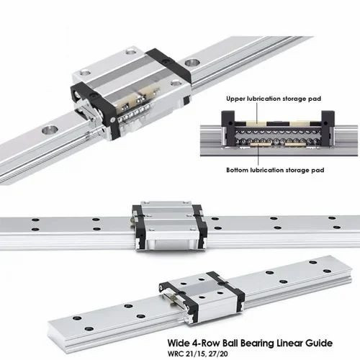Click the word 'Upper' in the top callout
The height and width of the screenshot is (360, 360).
tap(235, 99)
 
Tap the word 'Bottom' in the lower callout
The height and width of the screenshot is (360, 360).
tap(237, 170)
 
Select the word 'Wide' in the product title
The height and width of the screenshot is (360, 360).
tap(178, 343)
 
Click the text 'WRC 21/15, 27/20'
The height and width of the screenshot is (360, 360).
tap(197, 354)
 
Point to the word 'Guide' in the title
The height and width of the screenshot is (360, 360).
tap(319, 343)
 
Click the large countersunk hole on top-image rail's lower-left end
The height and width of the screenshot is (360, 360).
tap(50, 130)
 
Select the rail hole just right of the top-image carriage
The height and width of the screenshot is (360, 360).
tap(192, 63)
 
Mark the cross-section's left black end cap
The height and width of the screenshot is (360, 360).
tap(228, 128)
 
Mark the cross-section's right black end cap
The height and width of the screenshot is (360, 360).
tap(328, 128)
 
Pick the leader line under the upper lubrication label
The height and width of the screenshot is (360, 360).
tap(256, 113)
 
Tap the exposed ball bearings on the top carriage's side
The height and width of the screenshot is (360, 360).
tap(135, 112)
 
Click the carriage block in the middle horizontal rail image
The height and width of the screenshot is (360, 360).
tap(170, 226)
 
